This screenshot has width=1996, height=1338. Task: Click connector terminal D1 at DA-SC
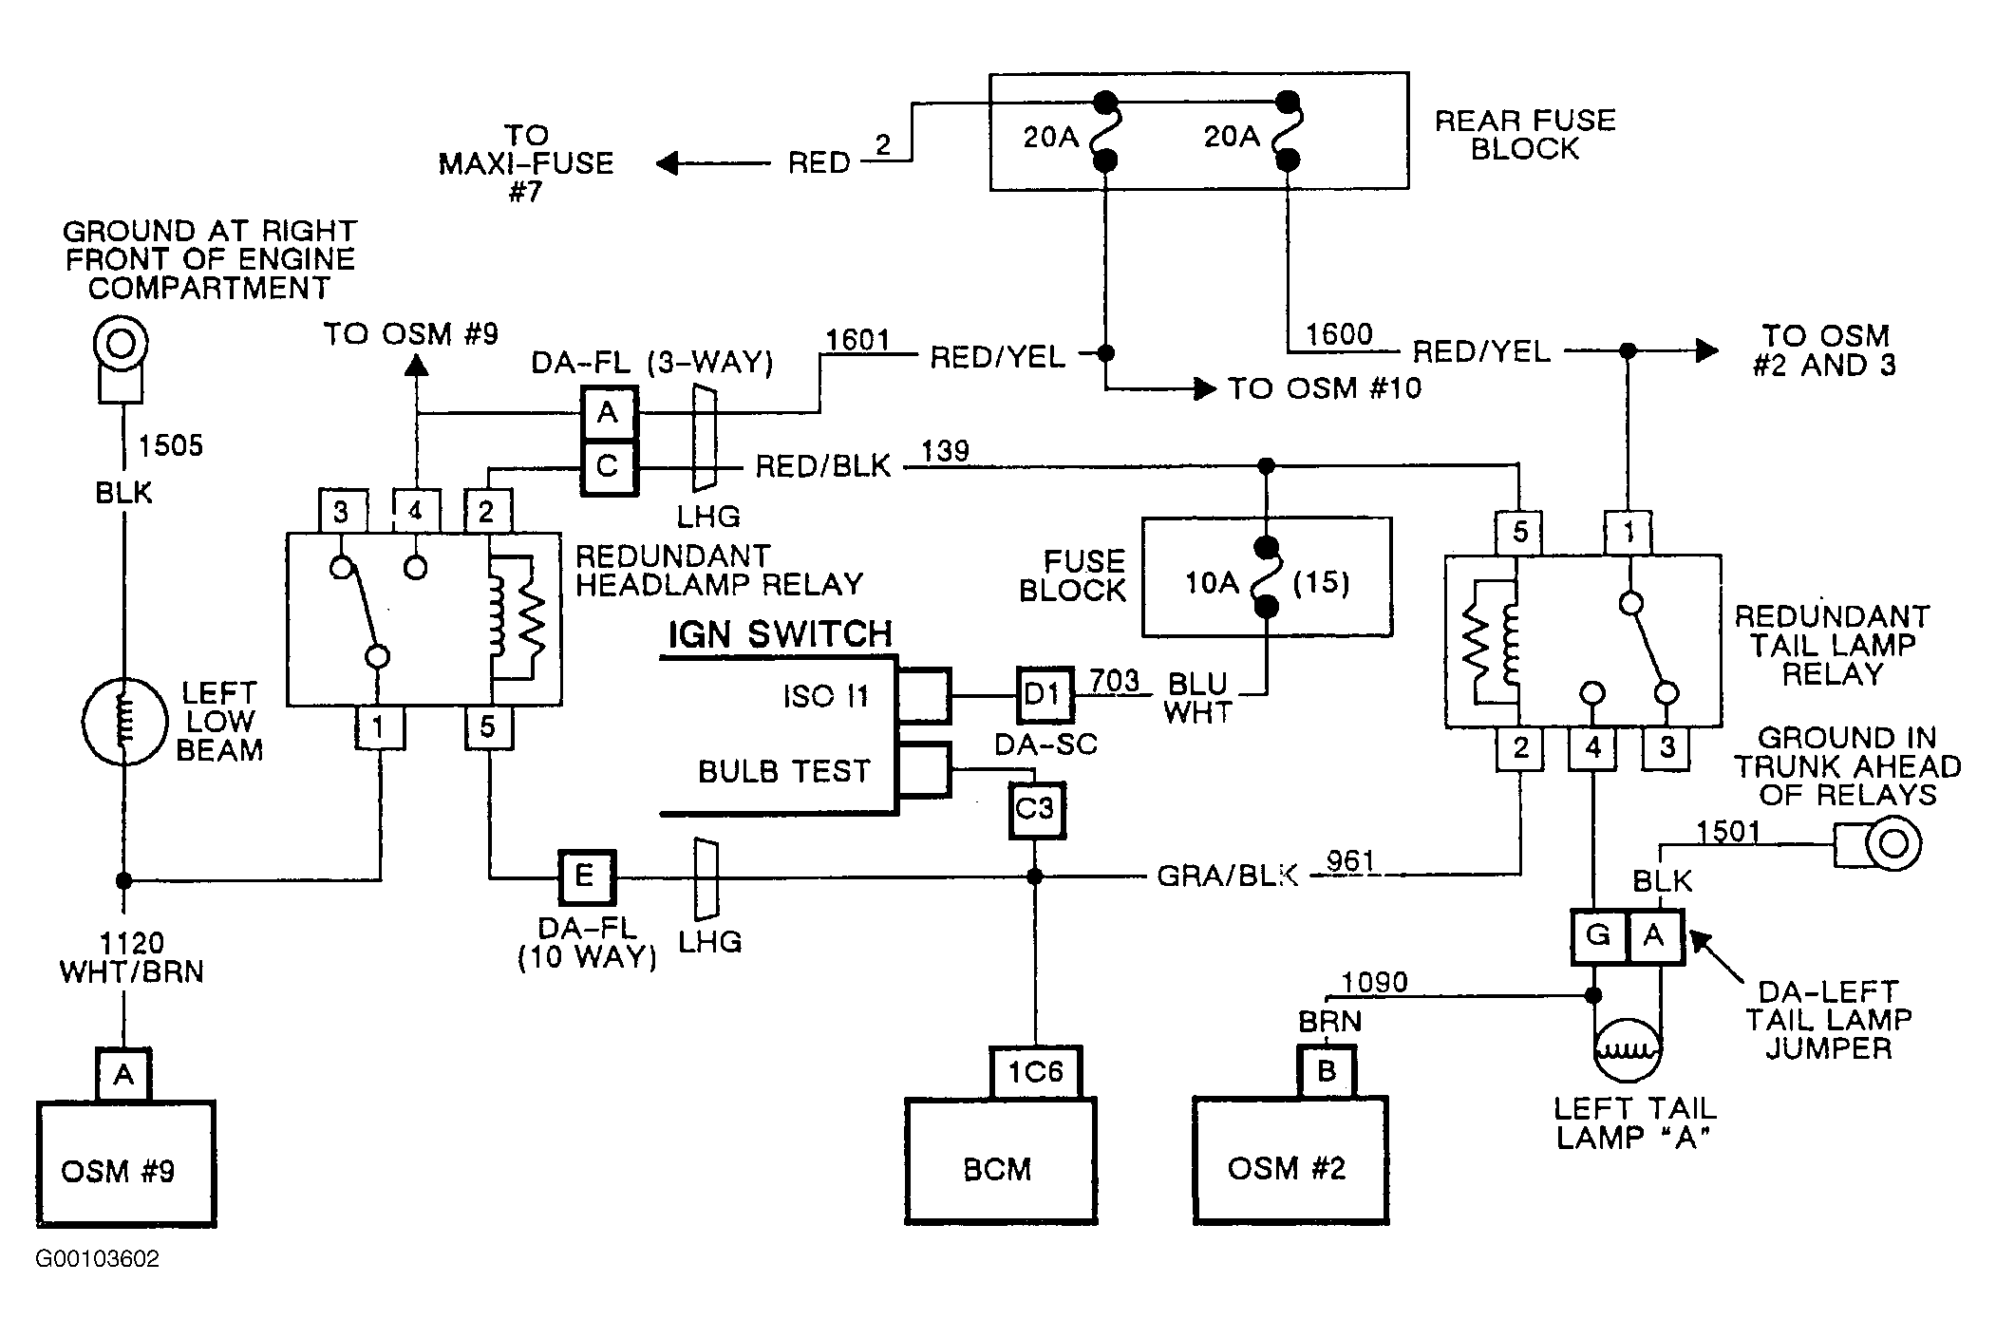pyautogui.click(x=1045, y=694)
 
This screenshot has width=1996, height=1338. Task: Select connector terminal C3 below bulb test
pyautogui.click(x=1036, y=810)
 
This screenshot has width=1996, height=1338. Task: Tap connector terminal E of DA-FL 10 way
pyautogui.click(x=586, y=876)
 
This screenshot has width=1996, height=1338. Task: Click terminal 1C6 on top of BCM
pyautogui.click(x=1036, y=1073)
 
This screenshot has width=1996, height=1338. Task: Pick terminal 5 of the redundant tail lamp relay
pyautogui.click(x=1519, y=533)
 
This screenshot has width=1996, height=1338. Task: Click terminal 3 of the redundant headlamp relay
pyautogui.click(x=342, y=512)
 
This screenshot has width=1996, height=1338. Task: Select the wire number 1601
pyautogui.click(x=857, y=339)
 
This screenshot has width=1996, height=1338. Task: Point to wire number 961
pyautogui.click(x=1350, y=860)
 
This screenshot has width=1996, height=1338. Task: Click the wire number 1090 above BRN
pyautogui.click(x=1374, y=982)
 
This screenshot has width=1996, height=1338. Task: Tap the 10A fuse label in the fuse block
pyautogui.click(x=1212, y=582)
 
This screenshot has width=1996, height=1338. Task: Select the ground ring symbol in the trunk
pyautogui.click(x=1892, y=844)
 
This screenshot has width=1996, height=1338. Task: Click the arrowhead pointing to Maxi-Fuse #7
pyautogui.click(x=668, y=163)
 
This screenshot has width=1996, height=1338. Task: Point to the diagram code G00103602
pyautogui.click(x=98, y=1259)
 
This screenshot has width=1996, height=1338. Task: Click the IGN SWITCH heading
pyautogui.click(x=781, y=634)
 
